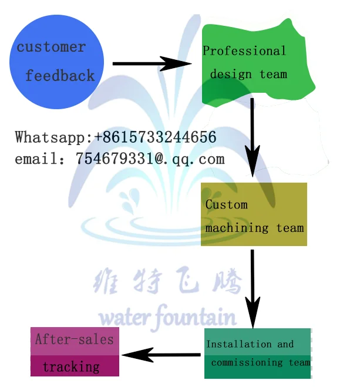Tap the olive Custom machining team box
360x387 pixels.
pyautogui.click(x=254, y=214)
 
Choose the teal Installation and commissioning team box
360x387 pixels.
pyautogui.click(x=257, y=353)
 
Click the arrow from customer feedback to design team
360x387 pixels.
pyautogui.click(x=152, y=63)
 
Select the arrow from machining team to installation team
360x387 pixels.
pyautogui.click(x=253, y=288)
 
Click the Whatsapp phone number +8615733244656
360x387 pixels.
pyautogui.click(x=156, y=137)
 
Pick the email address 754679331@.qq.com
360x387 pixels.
pyautogui.click(x=150, y=159)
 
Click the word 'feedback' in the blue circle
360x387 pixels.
pyautogui.click(x=60, y=76)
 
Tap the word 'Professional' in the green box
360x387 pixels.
pyautogui.click(x=244, y=51)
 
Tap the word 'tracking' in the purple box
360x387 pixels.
pyautogui.click(x=71, y=367)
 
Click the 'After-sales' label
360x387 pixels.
pyautogui.click(x=74, y=339)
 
